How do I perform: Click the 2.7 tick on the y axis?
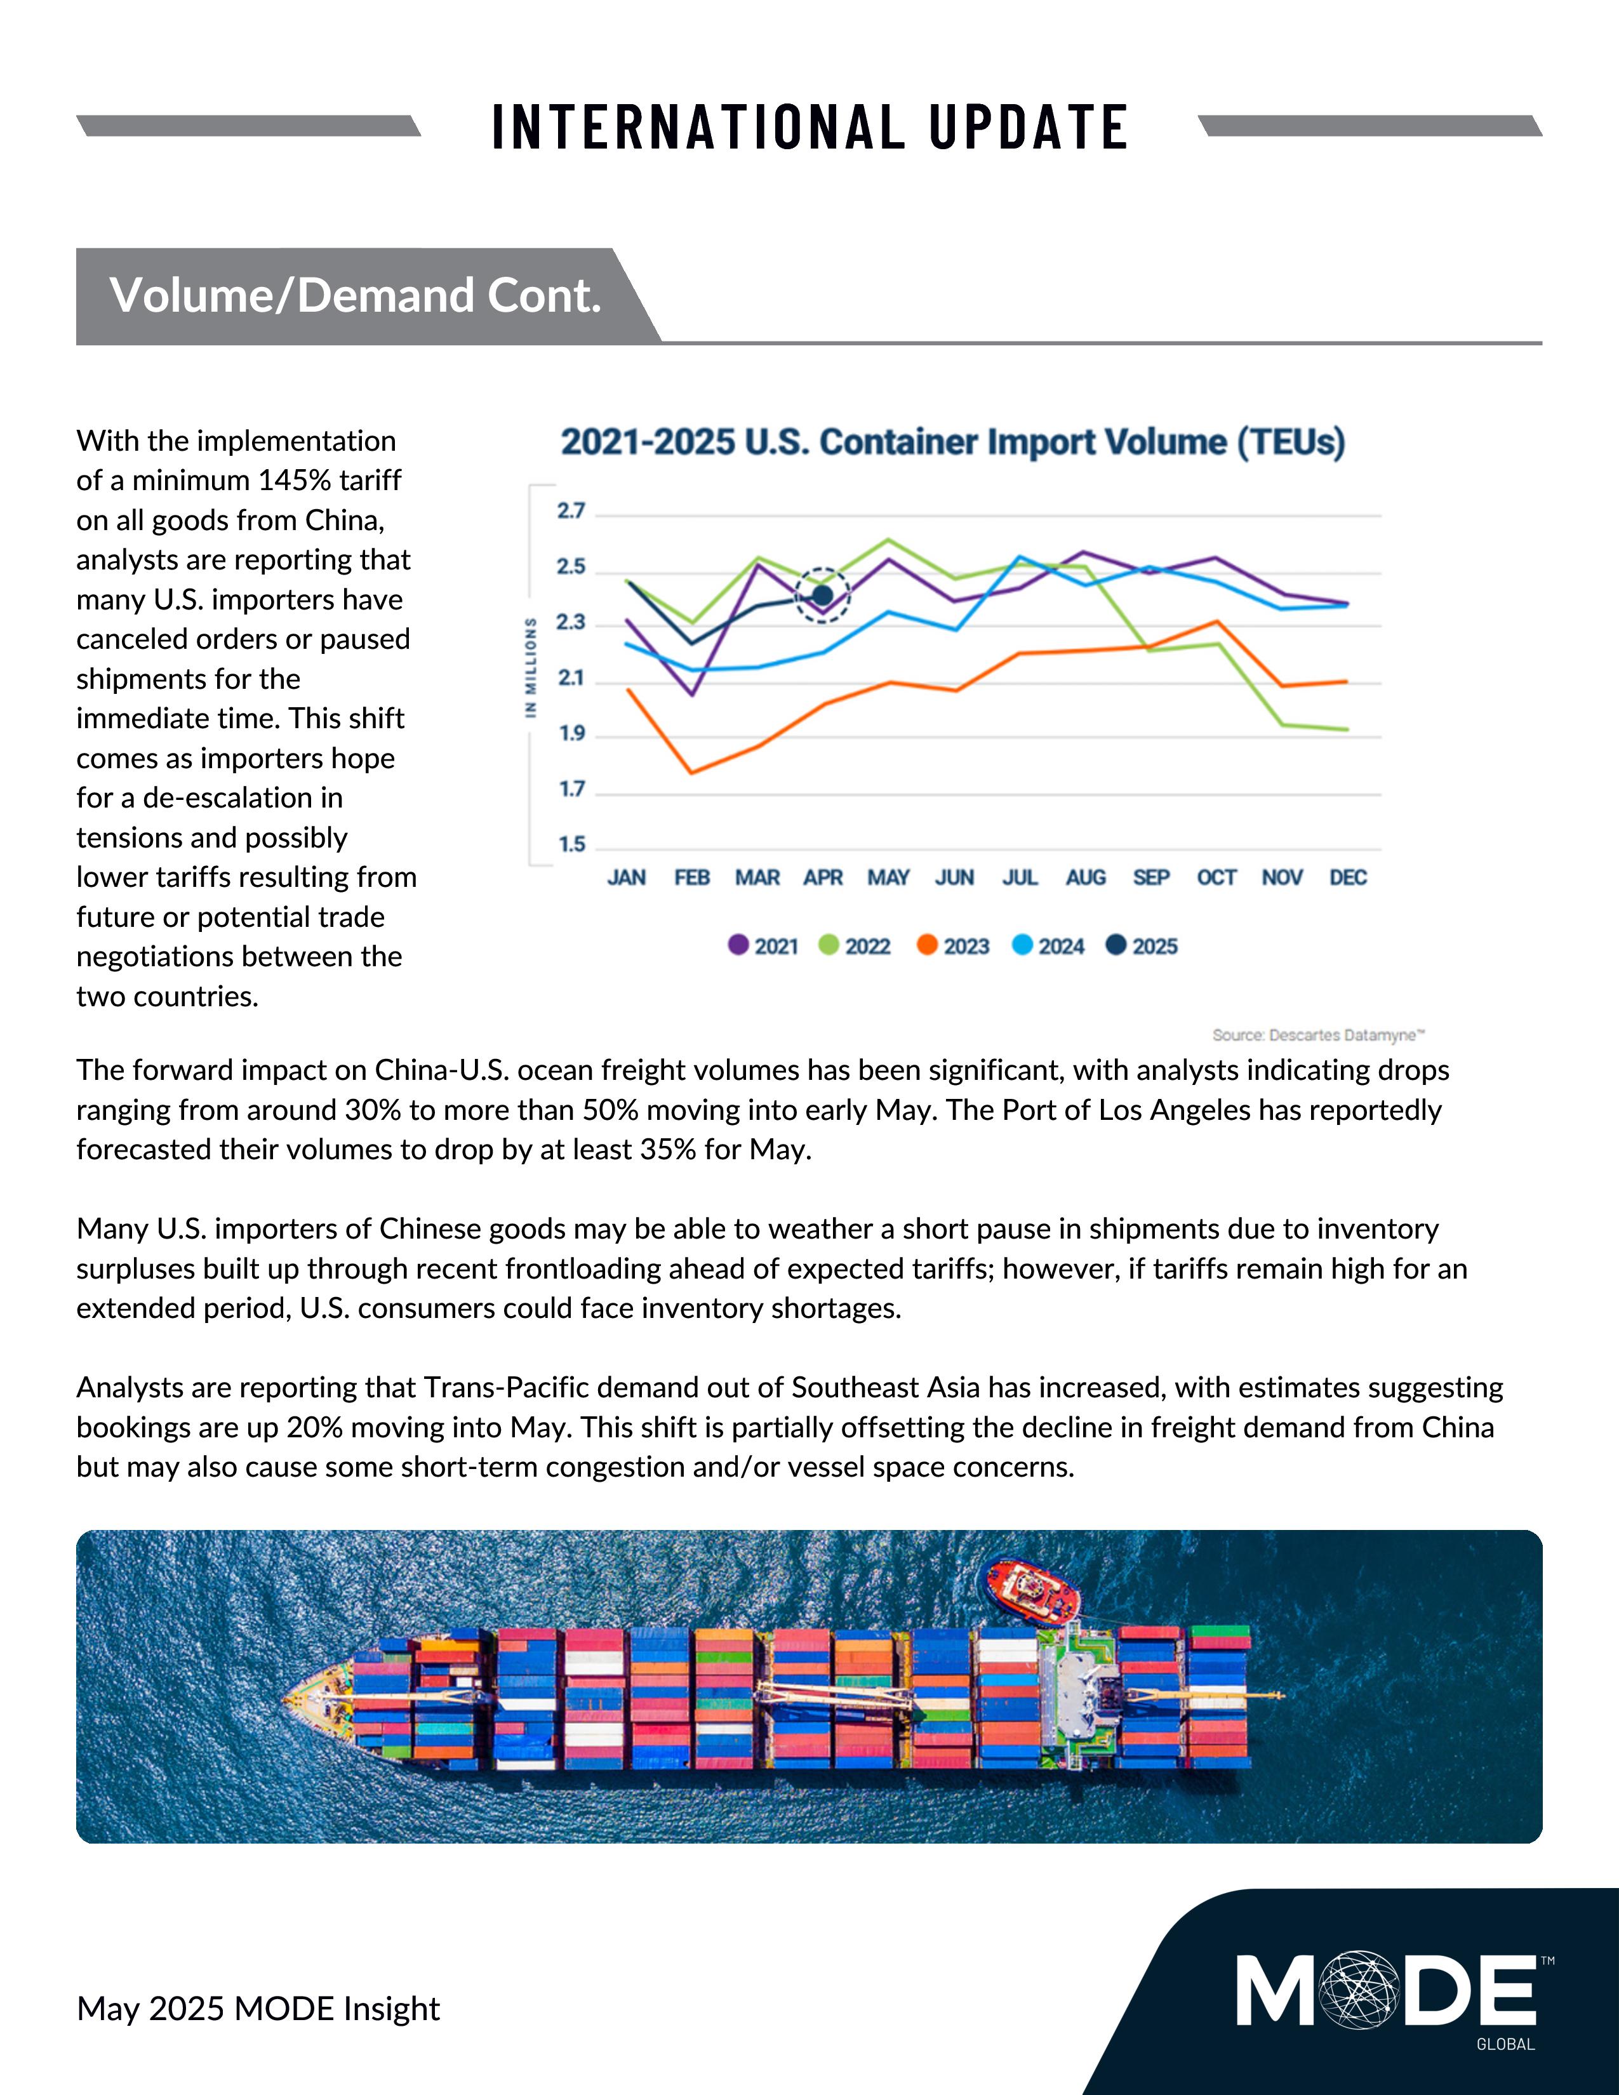tap(571, 511)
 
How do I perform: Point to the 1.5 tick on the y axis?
tap(571, 845)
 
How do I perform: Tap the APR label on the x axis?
tap(823, 878)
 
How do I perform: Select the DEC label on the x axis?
tap(1347, 878)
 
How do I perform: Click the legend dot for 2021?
tap(738, 946)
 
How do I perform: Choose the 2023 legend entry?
tap(954, 947)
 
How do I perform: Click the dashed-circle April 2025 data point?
tap(823, 595)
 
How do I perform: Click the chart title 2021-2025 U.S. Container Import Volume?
tap(952, 442)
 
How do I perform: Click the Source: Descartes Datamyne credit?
tap(1318, 1035)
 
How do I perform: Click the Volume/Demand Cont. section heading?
tap(355, 295)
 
